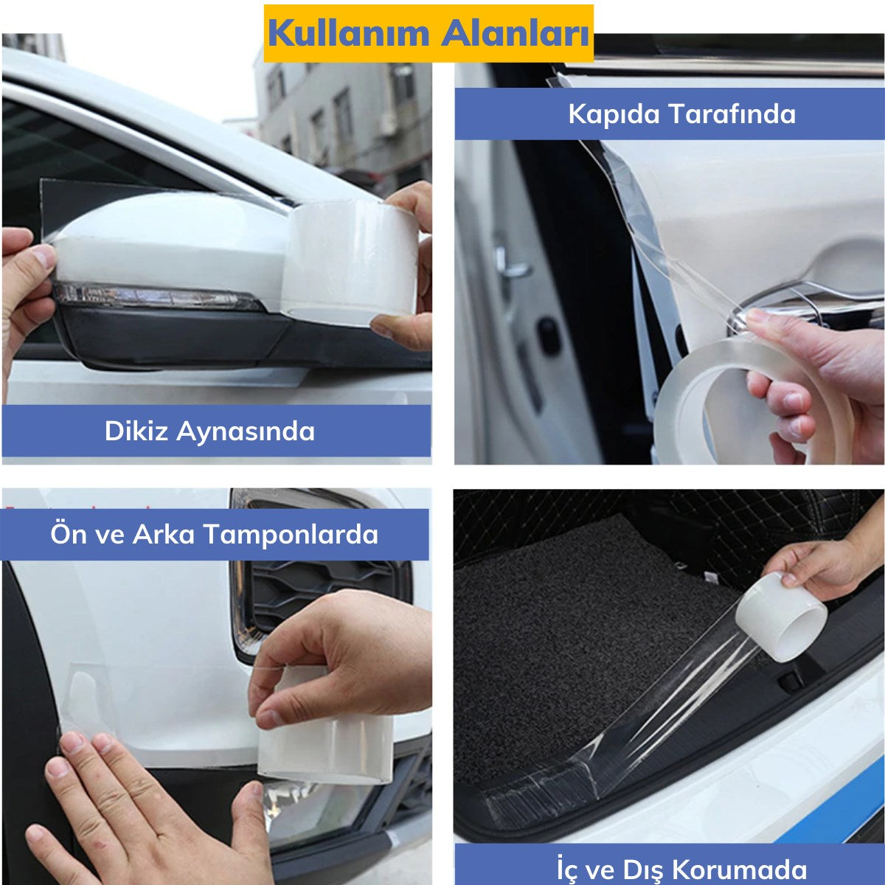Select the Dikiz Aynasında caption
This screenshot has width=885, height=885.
tap(209, 431)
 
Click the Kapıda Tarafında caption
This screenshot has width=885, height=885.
tap(681, 114)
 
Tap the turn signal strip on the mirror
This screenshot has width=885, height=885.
tap(155, 296)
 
